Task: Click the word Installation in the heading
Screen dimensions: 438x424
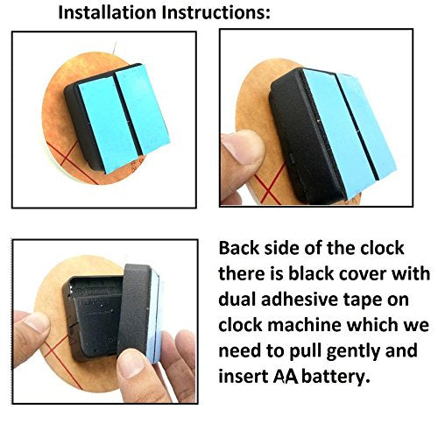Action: tap(108, 12)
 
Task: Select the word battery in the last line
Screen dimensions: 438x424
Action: tap(336, 377)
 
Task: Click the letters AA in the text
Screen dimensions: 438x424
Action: tap(286, 377)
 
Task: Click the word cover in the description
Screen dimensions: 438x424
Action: tap(363, 274)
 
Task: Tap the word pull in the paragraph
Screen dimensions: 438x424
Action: tap(306, 351)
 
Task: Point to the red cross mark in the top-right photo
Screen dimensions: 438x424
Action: tap(269, 187)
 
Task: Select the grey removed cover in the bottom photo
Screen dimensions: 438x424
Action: tap(138, 309)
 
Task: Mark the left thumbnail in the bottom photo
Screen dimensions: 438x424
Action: tap(37, 323)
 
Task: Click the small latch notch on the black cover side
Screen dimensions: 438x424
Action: tap(291, 158)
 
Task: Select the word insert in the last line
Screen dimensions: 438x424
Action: tap(244, 377)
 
